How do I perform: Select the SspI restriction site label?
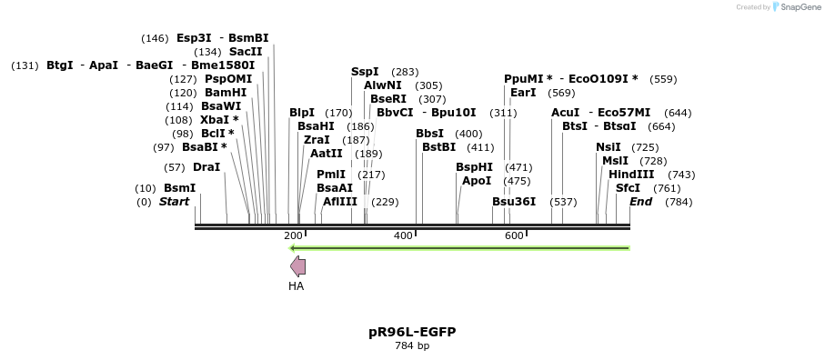[x=365, y=72]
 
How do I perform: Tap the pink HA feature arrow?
[x=297, y=265]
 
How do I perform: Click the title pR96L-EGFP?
[x=412, y=332]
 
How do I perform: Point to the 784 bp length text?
[x=412, y=346]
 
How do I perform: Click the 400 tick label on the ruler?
[x=403, y=236]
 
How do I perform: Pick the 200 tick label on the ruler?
[x=293, y=236]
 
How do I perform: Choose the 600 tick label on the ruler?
[x=514, y=236]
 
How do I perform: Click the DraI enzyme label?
[x=206, y=167]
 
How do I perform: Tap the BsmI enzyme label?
[x=179, y=188]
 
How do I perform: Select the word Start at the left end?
[x=174, y=201]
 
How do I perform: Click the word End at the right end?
[x=641, y=201]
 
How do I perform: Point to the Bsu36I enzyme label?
[x=514, y=201]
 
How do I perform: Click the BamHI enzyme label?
[x=226, y=93]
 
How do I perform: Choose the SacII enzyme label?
[x=246, y=52]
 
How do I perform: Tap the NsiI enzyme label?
[x=609, y=147]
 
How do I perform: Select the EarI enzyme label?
[x=523, y=93]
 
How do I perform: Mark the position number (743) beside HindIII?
[x=681, y=175]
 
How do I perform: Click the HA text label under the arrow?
[x=297, y=286]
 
